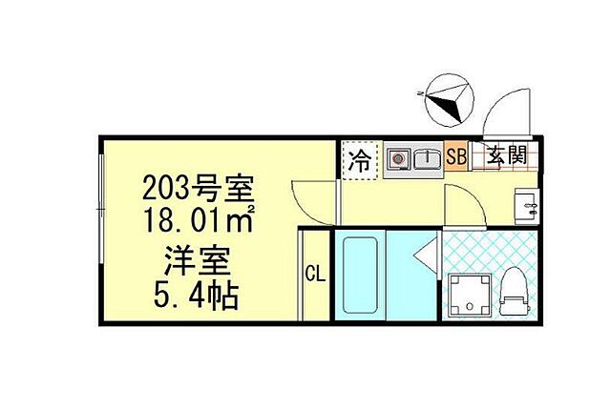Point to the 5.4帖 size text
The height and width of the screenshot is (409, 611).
200,294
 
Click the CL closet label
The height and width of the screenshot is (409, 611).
314,276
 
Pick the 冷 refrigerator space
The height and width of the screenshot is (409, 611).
360,158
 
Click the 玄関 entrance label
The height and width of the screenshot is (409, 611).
503,155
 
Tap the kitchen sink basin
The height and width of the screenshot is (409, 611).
426,158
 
